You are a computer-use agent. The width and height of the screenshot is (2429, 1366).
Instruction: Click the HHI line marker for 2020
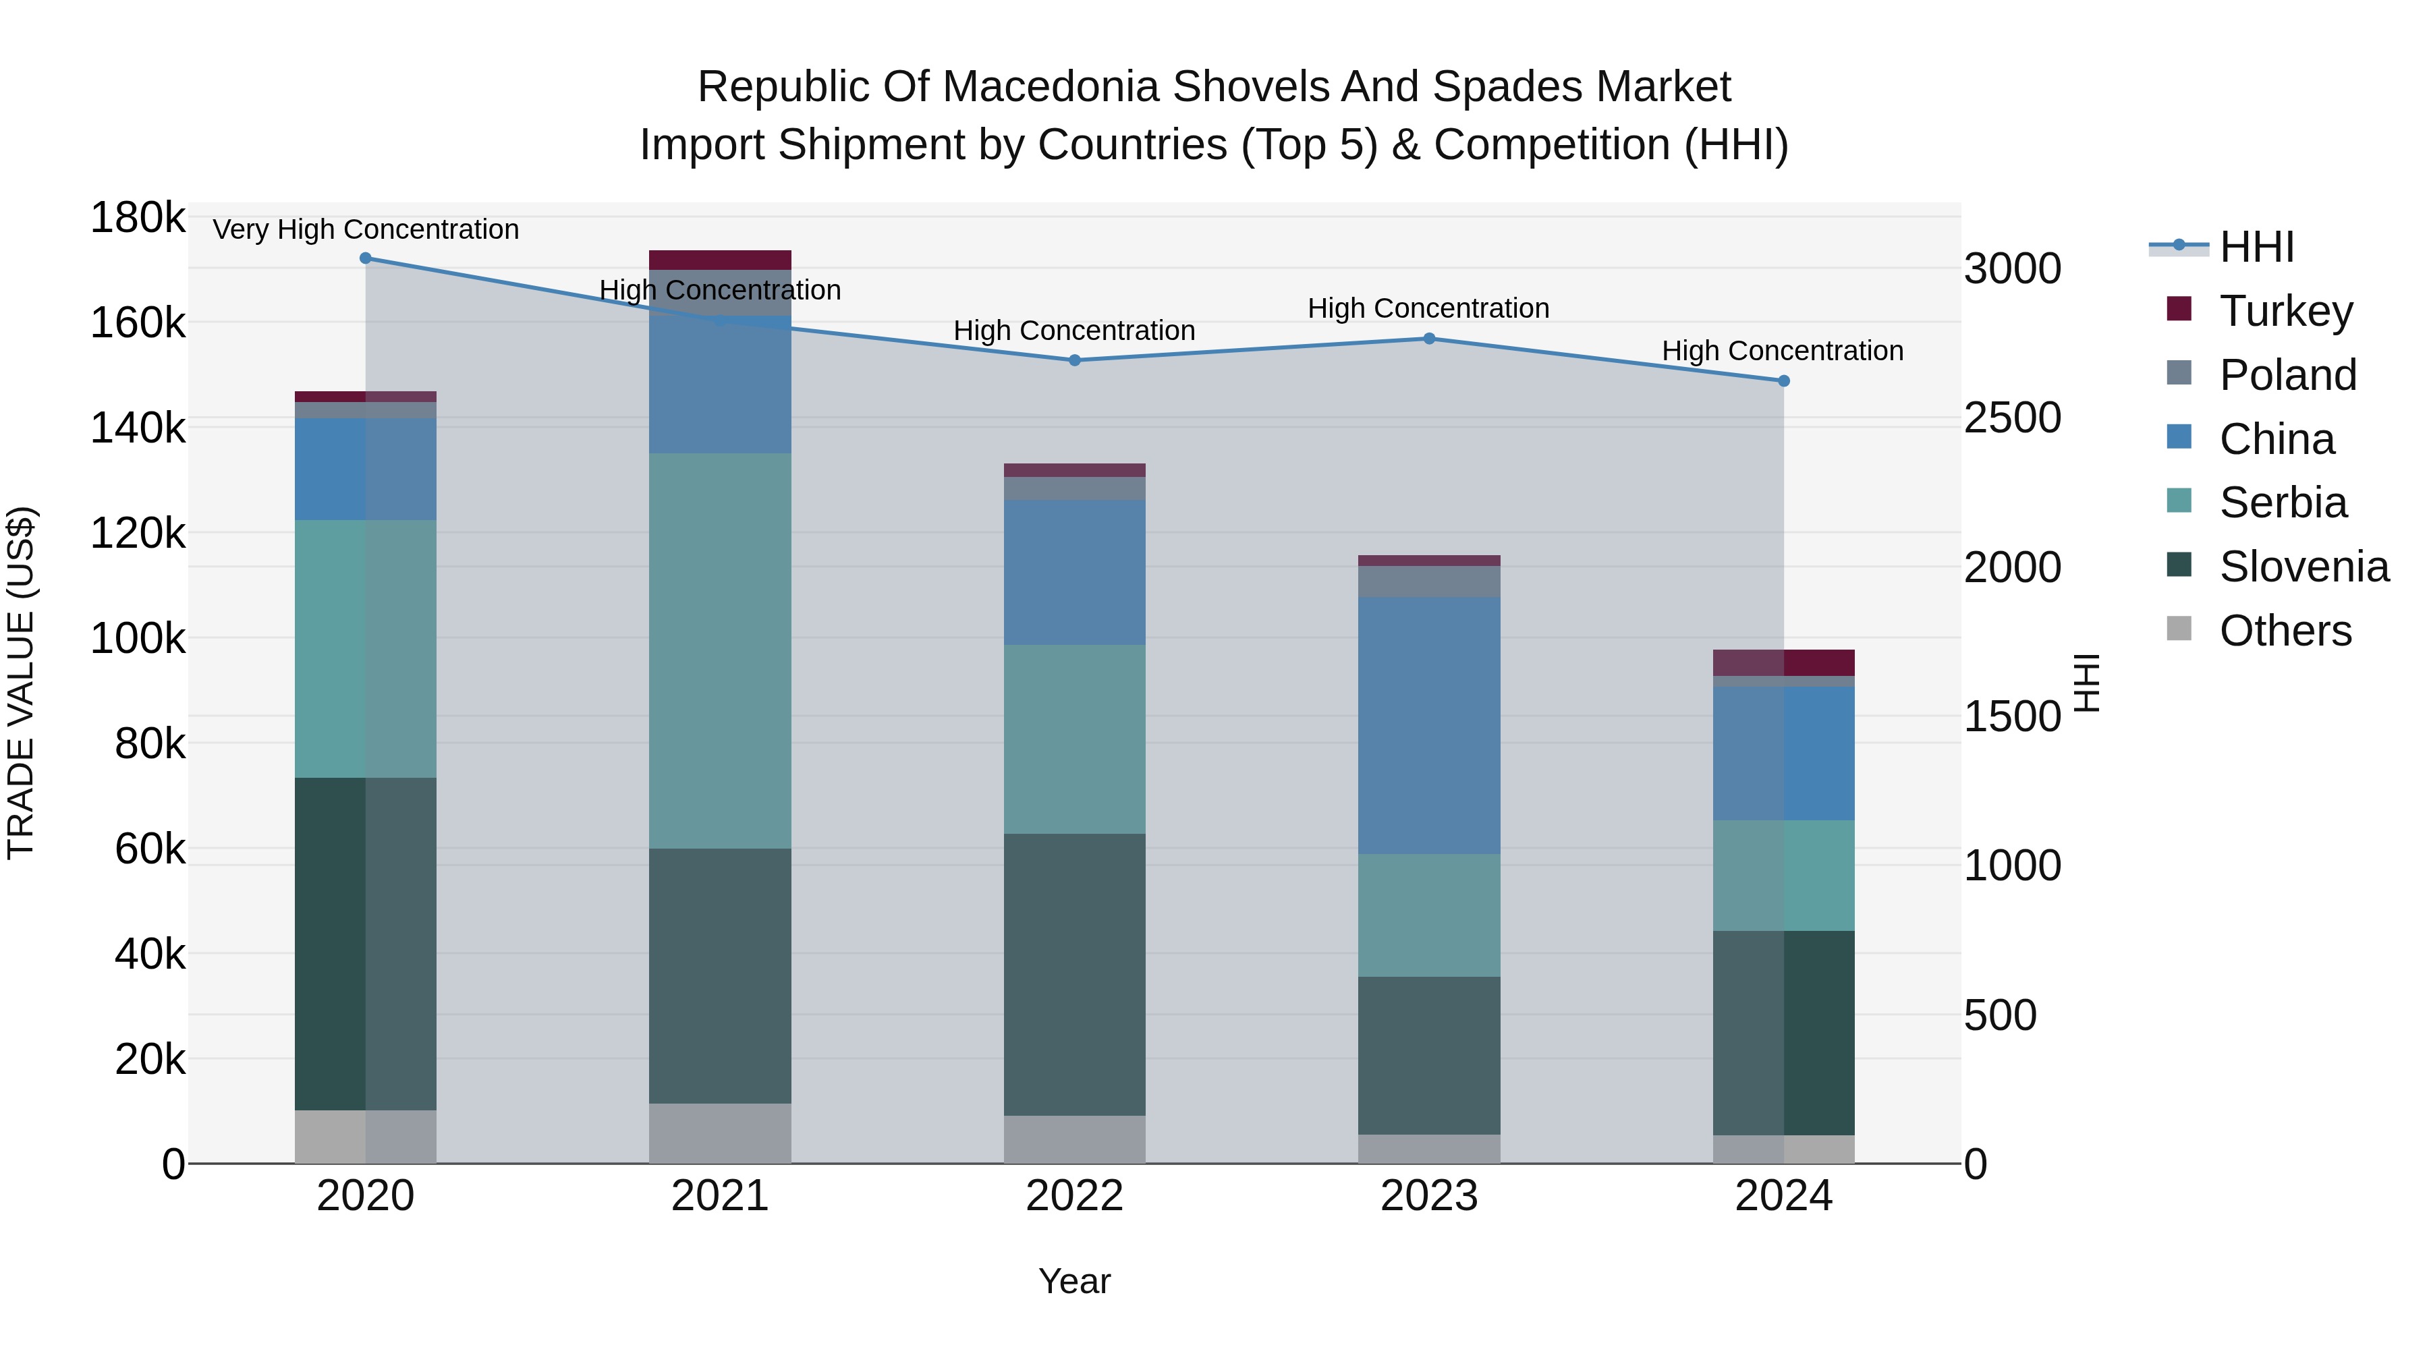pos(366,258)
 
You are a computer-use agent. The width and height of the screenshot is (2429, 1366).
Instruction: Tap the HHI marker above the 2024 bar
pos(1783,381)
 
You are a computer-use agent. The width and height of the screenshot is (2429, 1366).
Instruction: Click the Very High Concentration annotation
pos(366,229)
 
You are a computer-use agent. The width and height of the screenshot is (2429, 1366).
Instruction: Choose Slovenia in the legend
pos(2304,567)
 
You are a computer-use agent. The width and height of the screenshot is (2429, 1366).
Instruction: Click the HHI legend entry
pos(2256,247)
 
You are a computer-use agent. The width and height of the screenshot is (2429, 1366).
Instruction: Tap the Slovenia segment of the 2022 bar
pos(1074,974)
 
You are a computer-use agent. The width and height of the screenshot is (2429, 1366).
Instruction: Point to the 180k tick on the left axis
pos(138,219)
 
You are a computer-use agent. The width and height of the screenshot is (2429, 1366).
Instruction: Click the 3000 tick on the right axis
pos(2012,270)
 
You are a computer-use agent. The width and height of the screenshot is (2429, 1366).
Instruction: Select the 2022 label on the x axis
pos(1074,1196)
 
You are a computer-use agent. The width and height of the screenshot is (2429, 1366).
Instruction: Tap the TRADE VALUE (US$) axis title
pos(21,683)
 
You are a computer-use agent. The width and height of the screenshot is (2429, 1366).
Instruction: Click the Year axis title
pos(1074,1281)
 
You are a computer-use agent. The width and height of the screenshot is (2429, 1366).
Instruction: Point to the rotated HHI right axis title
pos(2088,683)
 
